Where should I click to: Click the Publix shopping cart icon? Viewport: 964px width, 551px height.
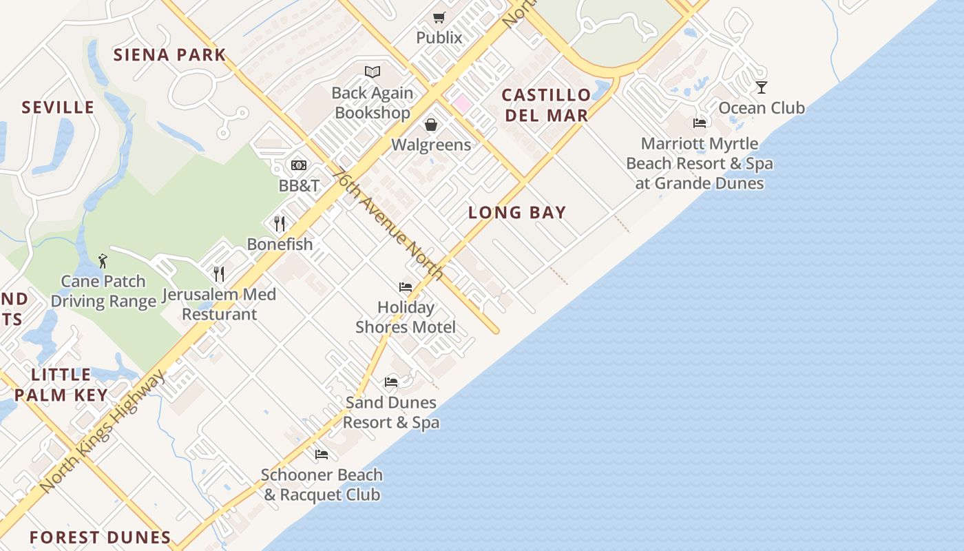click(439, 17)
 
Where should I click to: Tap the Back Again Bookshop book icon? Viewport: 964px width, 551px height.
click(373, 72)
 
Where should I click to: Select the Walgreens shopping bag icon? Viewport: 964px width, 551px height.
click(431, 125)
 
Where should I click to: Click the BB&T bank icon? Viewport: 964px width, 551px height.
click(299, 165)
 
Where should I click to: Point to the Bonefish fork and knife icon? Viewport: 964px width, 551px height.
click(280, 224)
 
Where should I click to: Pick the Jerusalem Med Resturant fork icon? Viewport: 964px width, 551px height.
click(219, 274)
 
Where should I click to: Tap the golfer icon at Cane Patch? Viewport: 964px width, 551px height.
click(103, 261)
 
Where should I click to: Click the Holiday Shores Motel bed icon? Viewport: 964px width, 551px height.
click(406, 287)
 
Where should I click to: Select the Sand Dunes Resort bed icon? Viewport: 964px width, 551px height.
click(391, 382)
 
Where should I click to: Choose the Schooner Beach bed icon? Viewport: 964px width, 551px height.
click(322, 455)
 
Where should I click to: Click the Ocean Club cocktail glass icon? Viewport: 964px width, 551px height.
click(762, 87)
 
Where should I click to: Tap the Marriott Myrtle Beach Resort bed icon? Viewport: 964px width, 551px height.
click(700, 123)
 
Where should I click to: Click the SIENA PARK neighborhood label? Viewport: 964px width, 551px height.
click(169, 55)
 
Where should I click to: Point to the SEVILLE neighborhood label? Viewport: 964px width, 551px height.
click(58, 107)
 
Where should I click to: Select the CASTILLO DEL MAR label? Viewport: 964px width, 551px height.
click(547, 105)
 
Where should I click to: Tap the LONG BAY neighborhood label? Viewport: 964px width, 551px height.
click(517, 213)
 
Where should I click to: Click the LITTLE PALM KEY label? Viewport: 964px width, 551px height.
click(61, 384)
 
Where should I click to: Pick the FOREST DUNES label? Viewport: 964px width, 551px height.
click(101, 537)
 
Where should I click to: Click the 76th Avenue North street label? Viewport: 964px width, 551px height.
click(387, 224)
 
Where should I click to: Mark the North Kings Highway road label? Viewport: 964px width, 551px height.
click(103, 432)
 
